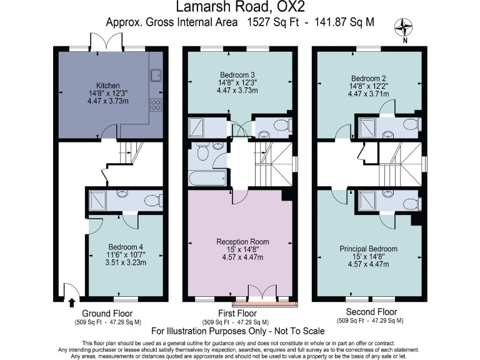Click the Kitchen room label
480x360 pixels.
pos(107,86)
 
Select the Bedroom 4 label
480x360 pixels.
pos(126,246)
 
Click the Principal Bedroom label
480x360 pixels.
pos(368,249)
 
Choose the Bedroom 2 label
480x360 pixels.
pos(368,70)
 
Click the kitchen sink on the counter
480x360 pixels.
pos(156,76)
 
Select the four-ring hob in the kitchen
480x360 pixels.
pos(156,105)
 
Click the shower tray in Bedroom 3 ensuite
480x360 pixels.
pos(198,127)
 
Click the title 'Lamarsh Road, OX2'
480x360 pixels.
pos(240,7)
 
